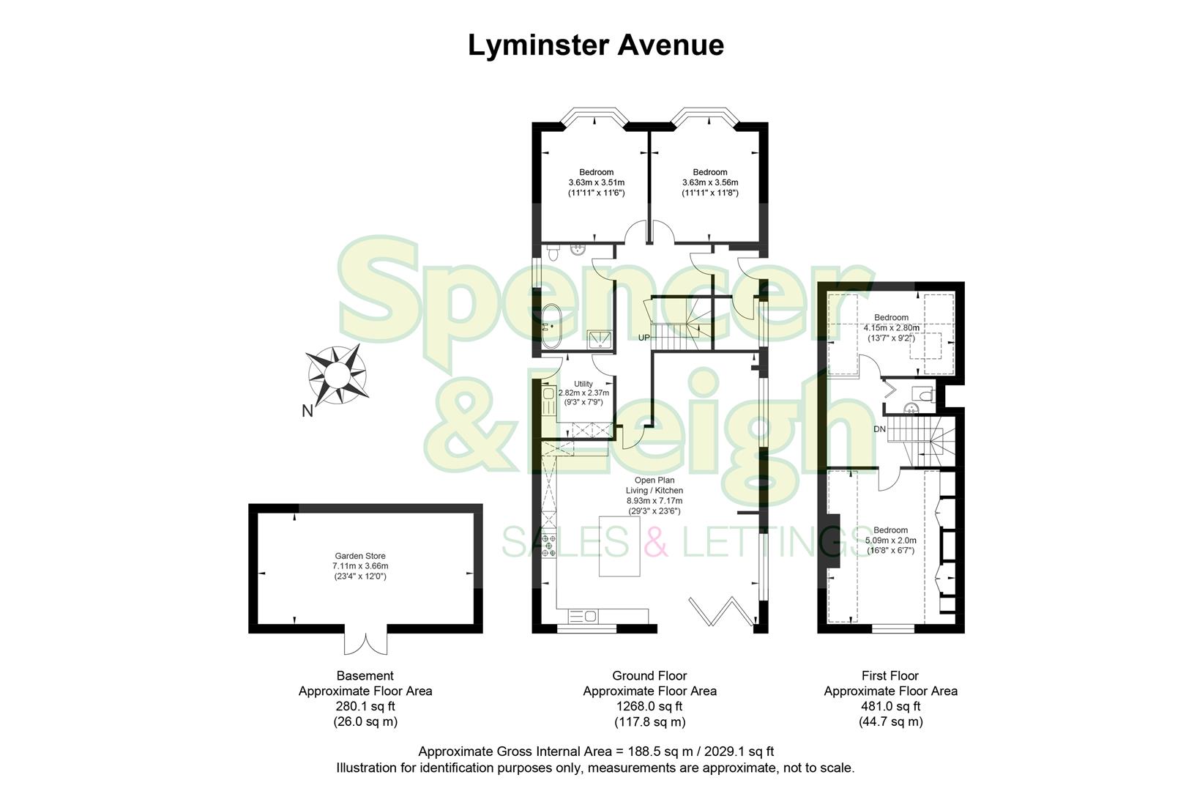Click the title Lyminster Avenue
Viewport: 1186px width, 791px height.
595,45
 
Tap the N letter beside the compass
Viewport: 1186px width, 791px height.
307,411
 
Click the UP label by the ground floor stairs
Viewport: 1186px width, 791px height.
644,338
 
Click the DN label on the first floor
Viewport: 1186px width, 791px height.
879,429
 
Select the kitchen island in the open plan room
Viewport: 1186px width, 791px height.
619,546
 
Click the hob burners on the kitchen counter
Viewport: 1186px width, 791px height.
548,546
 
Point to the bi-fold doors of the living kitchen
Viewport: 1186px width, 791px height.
722,612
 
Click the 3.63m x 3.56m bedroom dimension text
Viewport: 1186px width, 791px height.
710,183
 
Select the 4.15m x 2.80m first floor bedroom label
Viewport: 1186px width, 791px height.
891,327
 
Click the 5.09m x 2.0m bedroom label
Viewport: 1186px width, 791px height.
890,541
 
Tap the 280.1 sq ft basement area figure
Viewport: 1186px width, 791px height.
365,707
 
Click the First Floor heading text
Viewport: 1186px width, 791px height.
890,675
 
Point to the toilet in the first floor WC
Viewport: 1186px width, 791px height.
925,395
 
